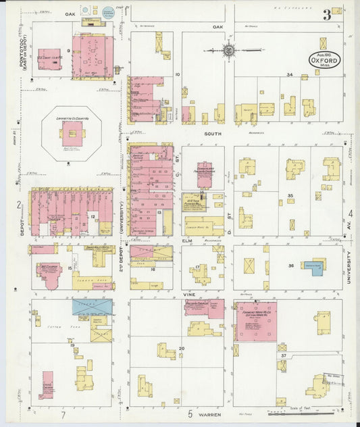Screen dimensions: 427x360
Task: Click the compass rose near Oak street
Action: (x=229, y=50)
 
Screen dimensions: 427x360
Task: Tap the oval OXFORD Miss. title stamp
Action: (x=325, y=59)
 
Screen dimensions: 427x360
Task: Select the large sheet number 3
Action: (x=326, y=14)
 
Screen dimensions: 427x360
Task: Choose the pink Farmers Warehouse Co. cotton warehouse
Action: (x=255, y=321)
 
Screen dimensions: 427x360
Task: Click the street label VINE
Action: (x=189, y=295)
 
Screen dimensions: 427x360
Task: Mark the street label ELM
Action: (x=188, y=240)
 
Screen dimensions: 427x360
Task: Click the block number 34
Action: (x=289, y=74)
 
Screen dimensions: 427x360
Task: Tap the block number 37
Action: (x=284, y=355)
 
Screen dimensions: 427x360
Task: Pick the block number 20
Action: (x=182, y=348)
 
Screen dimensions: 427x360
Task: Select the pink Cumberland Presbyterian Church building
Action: (x=205, y=174)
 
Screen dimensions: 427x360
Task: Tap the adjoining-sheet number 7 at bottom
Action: (x=63, y=414)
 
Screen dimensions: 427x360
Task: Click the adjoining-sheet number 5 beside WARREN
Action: (x=190, y=413)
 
